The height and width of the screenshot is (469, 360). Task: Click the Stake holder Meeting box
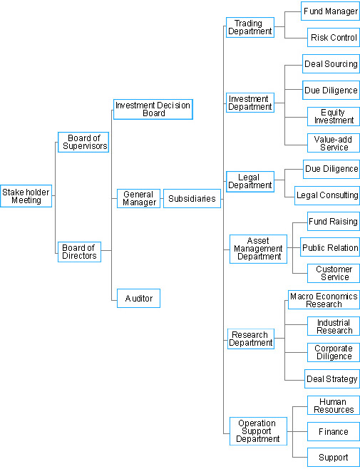tap(26, 196)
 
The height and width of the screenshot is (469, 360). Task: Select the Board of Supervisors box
tap(83, 142)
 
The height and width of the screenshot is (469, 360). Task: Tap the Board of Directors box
tap(79, 252)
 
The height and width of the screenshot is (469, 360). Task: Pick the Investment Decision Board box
tap(153, 110)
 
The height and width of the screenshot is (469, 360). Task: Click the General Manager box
tap(138, 198)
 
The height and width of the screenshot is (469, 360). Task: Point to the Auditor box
tap(138, 298)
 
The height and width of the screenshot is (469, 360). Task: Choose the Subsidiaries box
tap(192, 198)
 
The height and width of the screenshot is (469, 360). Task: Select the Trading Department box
tap(250, 27)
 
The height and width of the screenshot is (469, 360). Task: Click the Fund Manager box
tap(330, 11)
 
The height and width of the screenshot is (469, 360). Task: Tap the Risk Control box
tap(334, 37)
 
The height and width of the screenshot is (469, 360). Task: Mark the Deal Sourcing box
tap(331, 63)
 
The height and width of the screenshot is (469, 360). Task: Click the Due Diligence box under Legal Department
tap(331, 169)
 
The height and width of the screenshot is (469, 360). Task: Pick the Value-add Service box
tap(334, 143)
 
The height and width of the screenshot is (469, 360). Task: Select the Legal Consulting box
tap(327, 195)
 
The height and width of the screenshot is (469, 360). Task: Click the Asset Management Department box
tap(258, 249)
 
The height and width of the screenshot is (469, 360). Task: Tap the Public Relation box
tap(330, 247)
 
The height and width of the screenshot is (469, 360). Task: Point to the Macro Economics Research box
tap(324, 299)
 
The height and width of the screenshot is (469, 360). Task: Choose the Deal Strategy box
tap(332, 378)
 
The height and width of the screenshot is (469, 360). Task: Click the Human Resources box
tap(334, 405)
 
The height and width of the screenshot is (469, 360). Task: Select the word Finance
tap(334, 432)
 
